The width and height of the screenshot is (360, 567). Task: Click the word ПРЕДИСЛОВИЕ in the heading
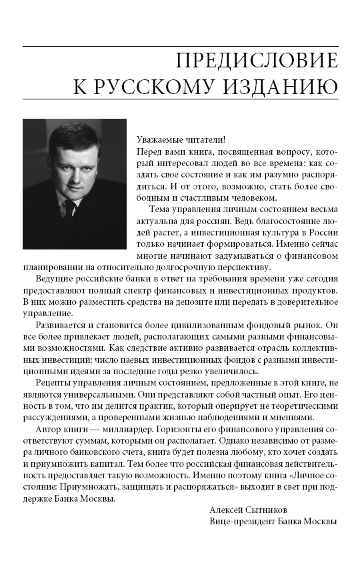click(x=257, y=62)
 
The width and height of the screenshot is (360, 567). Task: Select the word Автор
click(x=47, y=440)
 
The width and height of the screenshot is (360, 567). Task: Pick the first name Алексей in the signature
click(x=227, y=510)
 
